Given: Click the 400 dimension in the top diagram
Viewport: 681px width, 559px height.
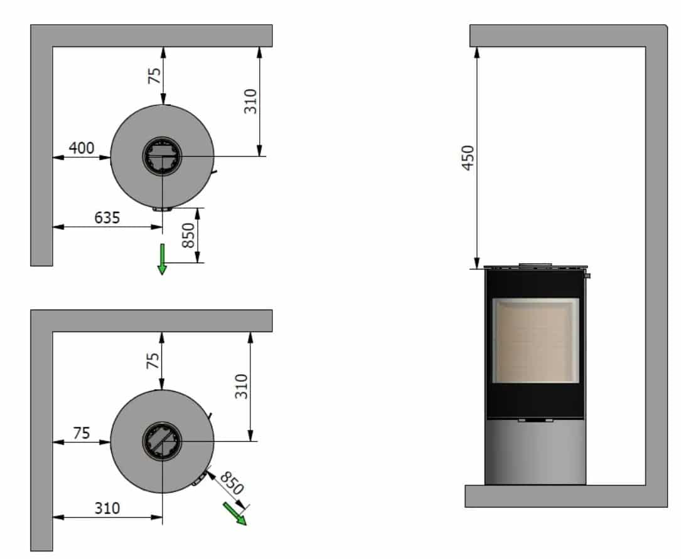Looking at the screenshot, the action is click(81, 148).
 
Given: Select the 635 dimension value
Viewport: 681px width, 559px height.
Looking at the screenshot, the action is click(107, 217).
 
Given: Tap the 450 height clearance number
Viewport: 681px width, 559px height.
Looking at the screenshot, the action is click(468, 158).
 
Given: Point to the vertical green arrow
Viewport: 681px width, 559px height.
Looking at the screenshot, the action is click(162, 259).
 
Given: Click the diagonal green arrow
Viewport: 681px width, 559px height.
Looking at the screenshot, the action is click(235, 513).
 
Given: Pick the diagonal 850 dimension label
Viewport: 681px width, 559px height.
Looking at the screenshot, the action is click(232, 483).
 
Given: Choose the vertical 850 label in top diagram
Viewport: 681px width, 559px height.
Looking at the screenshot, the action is click(188, 236).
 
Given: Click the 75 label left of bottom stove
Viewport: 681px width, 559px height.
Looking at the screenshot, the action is click(81, 433).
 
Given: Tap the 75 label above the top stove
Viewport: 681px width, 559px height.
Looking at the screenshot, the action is click(154, 75).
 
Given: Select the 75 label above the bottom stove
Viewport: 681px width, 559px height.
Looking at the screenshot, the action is click(152, 360).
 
